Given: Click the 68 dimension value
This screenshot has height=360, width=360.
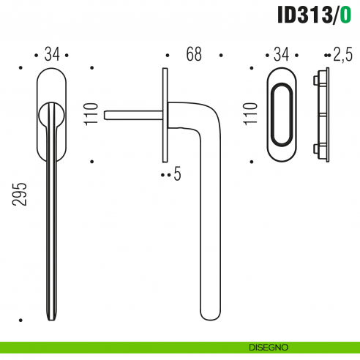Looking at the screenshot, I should click(194, 54).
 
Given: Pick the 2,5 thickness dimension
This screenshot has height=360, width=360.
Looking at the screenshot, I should click(342, 54).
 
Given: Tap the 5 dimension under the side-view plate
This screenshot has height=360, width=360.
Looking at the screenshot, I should click(177, 175).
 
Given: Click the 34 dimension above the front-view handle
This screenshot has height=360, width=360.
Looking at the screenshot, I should click(51, 54).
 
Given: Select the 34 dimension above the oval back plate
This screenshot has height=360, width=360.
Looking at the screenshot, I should click(282, 54).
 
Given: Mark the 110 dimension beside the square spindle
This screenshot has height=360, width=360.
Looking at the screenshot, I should click(91, 114).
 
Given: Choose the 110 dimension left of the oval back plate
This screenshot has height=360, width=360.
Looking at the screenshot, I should click(252, 114).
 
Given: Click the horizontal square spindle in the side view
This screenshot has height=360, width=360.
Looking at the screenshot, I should click(132, 114).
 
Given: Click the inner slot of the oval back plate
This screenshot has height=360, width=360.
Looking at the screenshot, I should click(282, 114).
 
